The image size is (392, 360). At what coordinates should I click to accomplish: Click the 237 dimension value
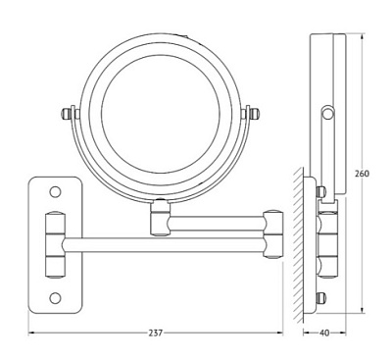156,334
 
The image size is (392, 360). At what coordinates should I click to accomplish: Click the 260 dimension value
363,174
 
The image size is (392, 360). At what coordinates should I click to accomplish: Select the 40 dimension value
324,334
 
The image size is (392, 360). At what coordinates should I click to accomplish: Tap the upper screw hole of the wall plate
55,191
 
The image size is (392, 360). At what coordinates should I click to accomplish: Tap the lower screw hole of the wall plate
55,297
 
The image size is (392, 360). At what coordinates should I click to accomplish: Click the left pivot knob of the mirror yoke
67,114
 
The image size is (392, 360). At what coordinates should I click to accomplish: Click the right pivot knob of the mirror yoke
254,114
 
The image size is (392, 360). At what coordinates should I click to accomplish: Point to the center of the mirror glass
160,114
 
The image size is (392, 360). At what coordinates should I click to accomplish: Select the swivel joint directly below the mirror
160,218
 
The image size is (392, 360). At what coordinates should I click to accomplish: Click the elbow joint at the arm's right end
273,234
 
